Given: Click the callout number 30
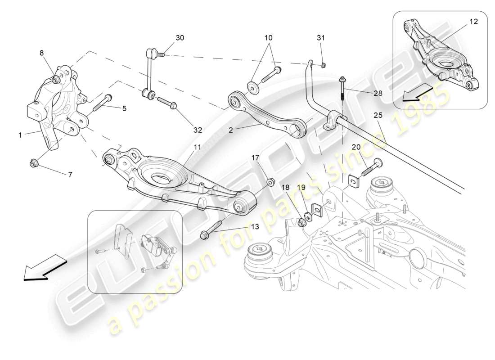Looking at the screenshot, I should pos(180,38).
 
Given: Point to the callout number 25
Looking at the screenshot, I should pos(378,116).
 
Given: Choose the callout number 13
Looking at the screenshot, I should pos(255,227).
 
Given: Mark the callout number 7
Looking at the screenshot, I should pos(70,174).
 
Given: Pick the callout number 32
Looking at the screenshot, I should pos(198,130).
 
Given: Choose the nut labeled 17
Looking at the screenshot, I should pos(271,182).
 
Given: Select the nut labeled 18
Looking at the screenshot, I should pos(302,221).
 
